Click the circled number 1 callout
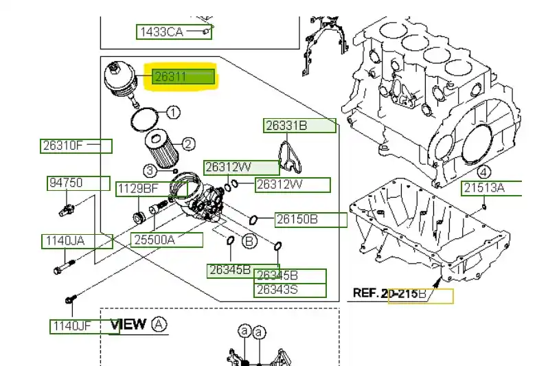[x=174, y=112]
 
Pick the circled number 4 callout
[x=483, y=172]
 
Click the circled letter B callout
[x=249, y=241]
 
